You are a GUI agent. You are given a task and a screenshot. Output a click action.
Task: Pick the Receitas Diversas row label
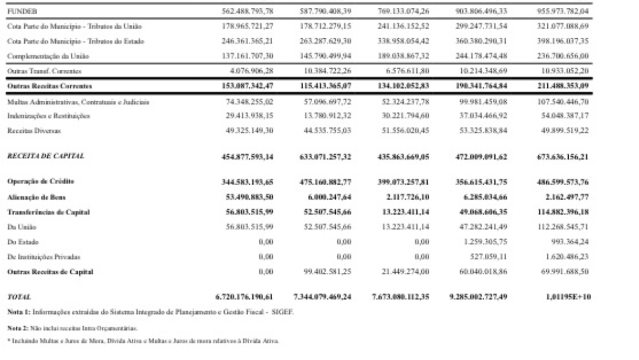tap(28, 129)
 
